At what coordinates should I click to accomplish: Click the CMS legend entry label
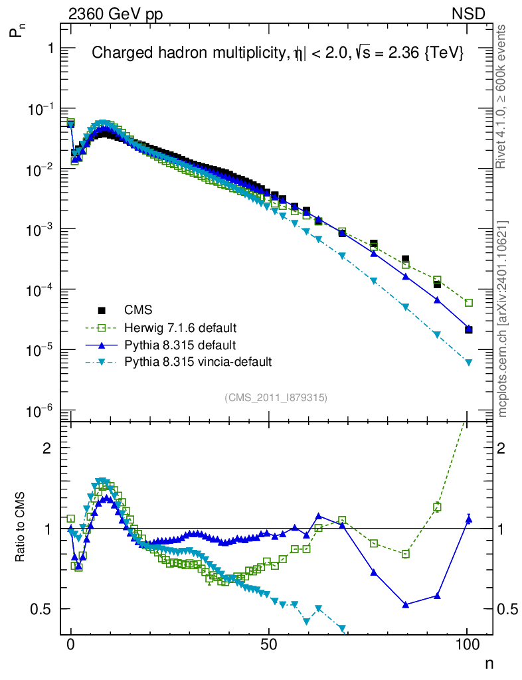point(137,309)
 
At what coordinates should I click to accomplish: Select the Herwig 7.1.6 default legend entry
point(180,328)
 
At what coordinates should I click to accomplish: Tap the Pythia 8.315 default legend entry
point(180,345)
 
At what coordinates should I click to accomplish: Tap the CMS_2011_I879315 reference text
point(276,397)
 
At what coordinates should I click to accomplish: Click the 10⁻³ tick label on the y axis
point(39,229)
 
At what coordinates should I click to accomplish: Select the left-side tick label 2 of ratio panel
point(47,448)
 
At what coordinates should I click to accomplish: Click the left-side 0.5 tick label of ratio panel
point(41,609)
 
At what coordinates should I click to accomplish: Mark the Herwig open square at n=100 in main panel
point(468,303)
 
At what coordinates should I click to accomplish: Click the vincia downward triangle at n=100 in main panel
point(468,363)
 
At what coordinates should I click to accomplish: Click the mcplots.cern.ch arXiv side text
point(502,319)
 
